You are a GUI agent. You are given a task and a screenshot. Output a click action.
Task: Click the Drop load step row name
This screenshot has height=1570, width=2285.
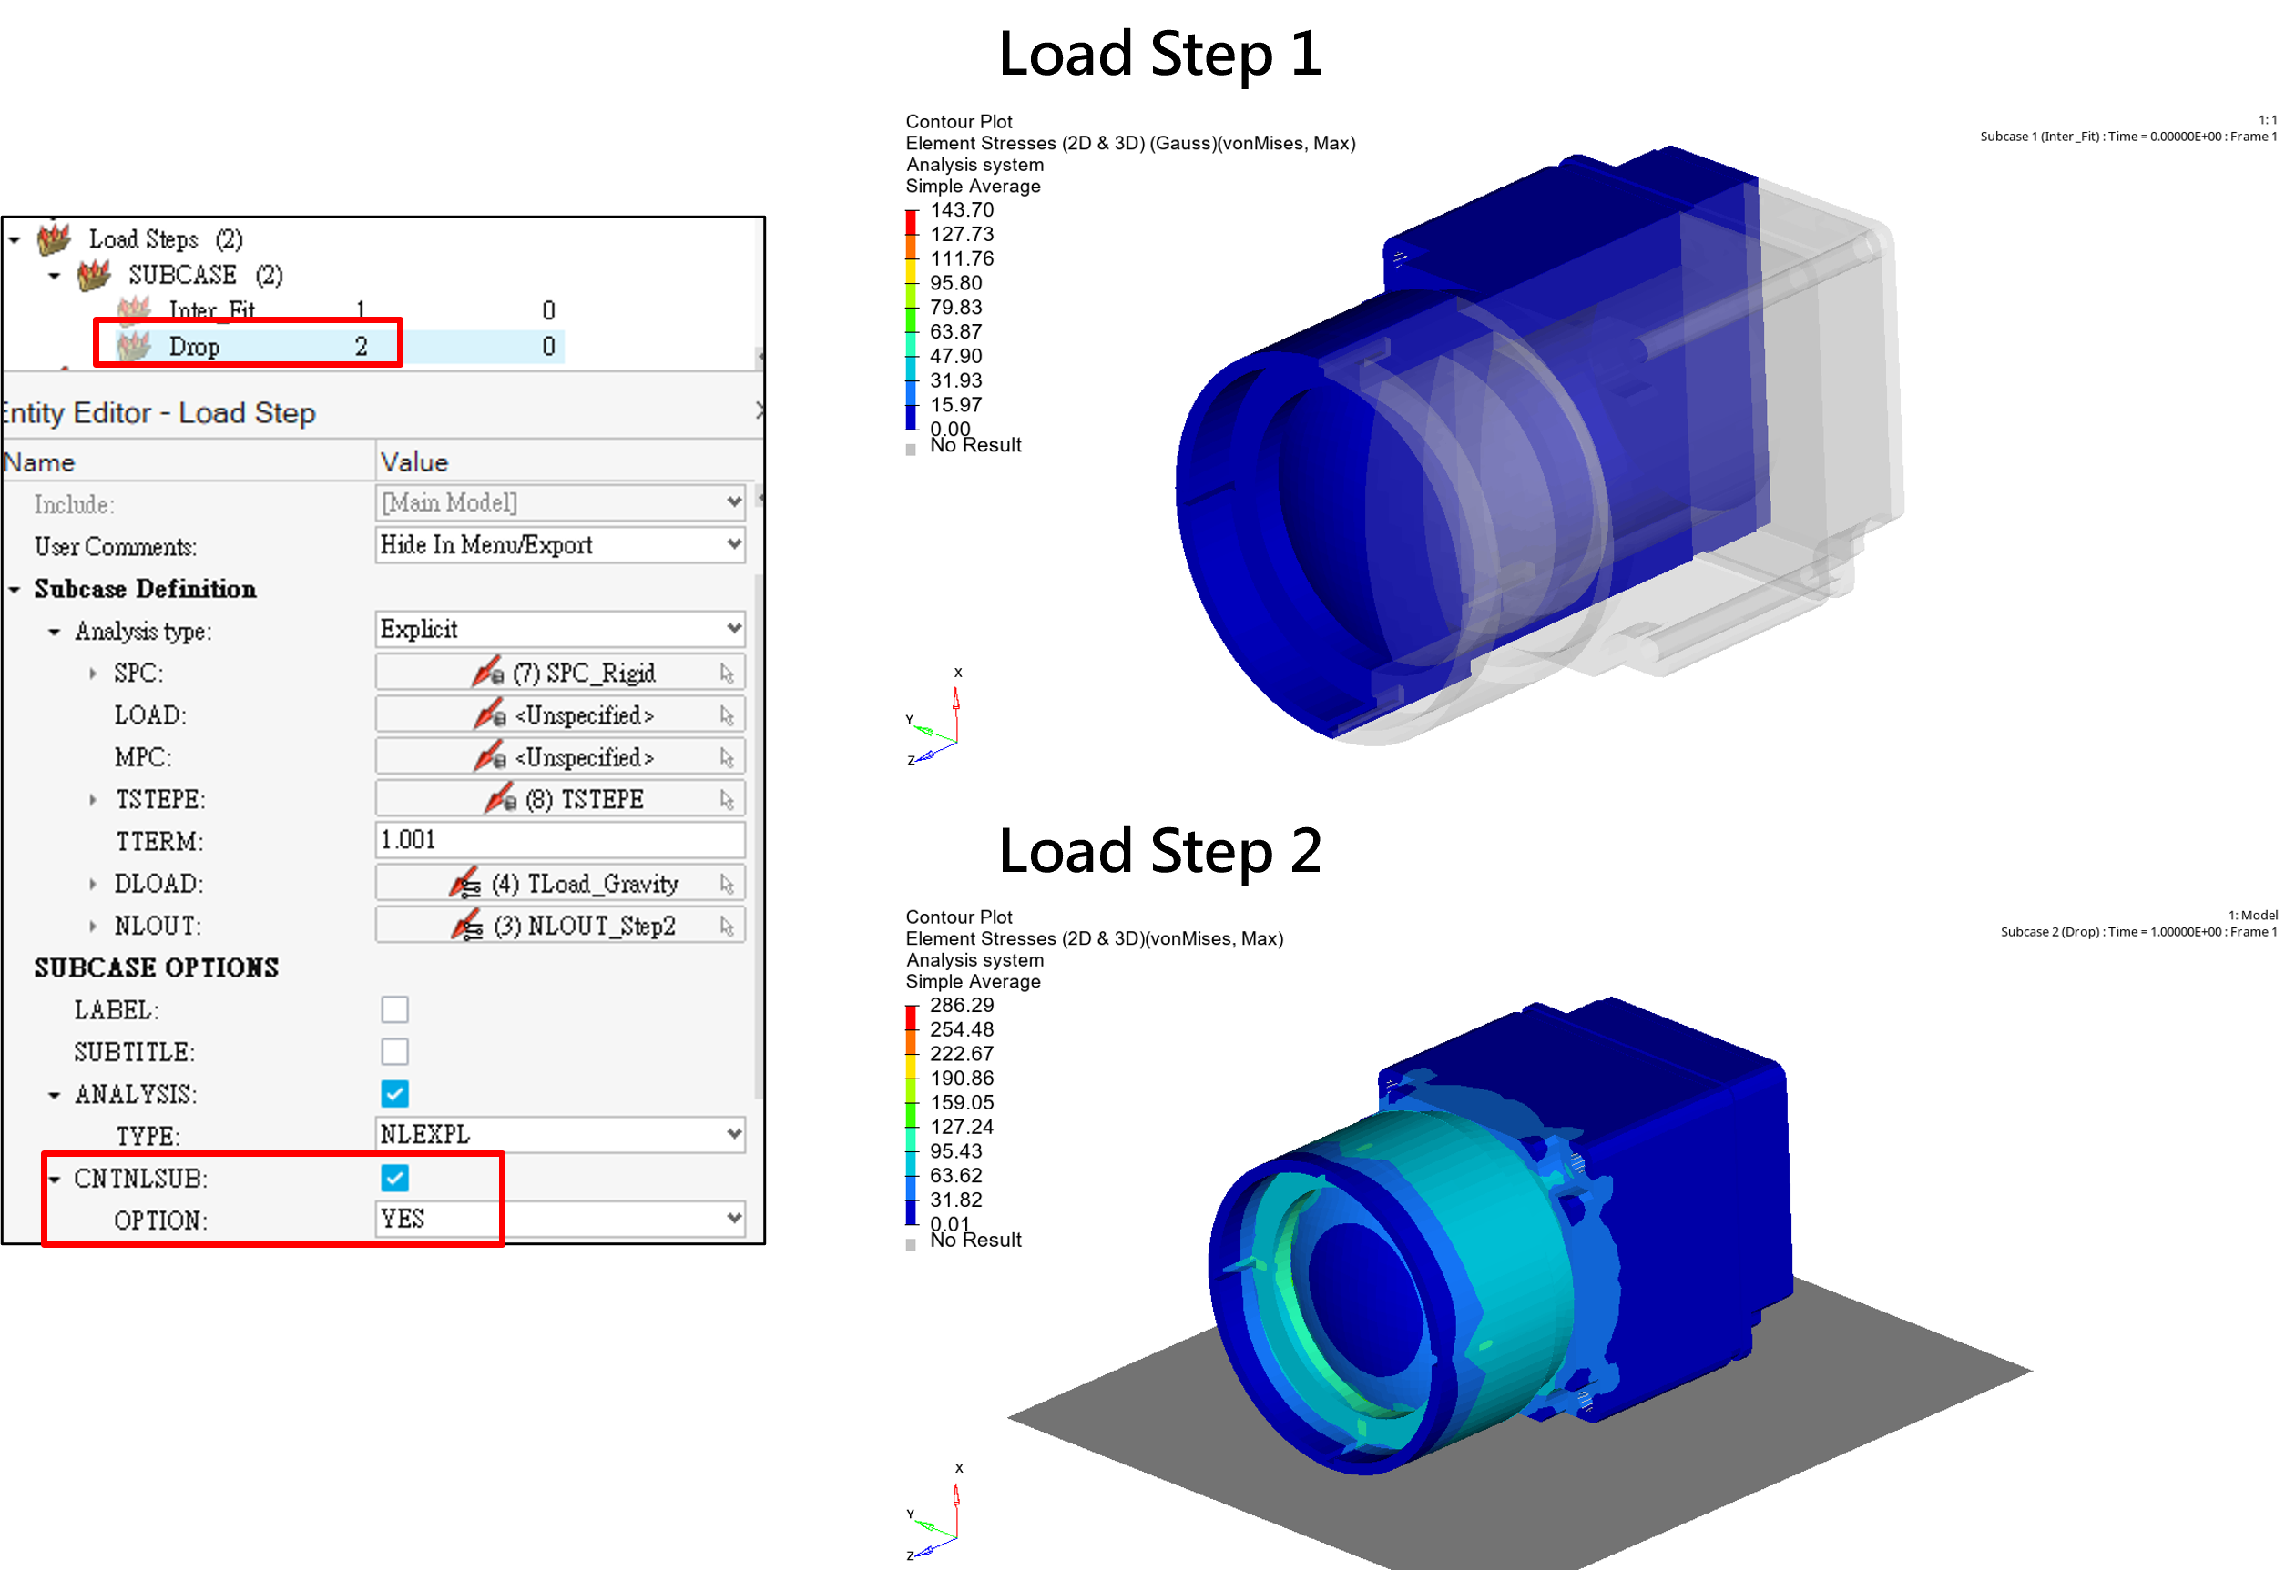pos(194,346)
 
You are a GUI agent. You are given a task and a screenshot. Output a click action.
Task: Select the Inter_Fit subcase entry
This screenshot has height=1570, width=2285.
pos(211,309)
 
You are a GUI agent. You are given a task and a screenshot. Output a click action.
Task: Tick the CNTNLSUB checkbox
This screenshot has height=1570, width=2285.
pos(394,1178)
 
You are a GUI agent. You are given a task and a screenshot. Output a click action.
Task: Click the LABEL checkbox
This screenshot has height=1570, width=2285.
pos(394,1009)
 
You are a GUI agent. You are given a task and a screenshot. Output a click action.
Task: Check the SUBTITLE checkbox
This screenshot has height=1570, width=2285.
pos(394,1051)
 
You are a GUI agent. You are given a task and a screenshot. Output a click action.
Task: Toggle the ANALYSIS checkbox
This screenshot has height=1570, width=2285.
pos(394,1094)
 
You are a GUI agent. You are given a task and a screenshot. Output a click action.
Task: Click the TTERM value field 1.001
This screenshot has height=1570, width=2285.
pos(560,840)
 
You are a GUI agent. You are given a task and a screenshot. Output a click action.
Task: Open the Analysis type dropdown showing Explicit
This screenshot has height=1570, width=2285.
pos(560,630)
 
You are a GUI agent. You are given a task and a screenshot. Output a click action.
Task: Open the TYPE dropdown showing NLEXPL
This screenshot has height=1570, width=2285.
pos(560,1135)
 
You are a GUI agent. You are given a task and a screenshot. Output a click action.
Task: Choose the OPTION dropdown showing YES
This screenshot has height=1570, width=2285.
pos(560,1220)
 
